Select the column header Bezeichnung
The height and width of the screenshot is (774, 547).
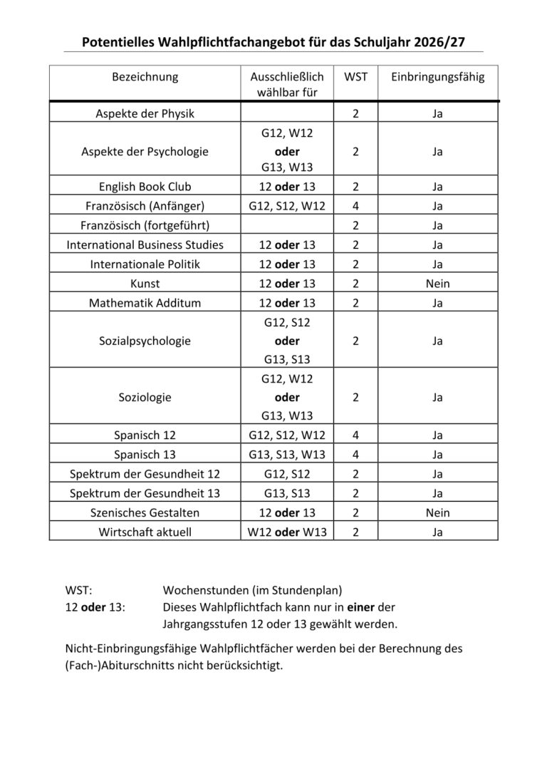(145, 76)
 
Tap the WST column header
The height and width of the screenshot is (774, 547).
(355, 76)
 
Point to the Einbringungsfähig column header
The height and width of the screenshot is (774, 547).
(437, 76)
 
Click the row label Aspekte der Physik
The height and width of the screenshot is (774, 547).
(145, 113)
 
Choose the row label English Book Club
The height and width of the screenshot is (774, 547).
(145, 187)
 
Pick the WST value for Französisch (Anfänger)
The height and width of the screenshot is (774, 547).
(355, 206)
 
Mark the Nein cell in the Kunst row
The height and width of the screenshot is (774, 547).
(437, 283)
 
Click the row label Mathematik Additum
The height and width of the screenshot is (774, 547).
(145, 302)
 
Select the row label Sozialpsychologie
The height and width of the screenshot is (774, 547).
(145, 341)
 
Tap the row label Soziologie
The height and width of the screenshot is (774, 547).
(145, 397)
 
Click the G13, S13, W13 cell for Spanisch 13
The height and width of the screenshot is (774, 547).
(287, 454)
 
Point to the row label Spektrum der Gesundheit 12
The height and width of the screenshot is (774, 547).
(145, 473)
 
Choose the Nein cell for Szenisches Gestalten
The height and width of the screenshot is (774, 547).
(437, 512)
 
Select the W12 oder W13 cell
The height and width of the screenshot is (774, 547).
(287, 532)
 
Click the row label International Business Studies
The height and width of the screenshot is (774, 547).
(145, 244)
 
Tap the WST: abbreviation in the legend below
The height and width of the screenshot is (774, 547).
(79, 590)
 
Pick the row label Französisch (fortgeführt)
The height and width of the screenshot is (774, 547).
(145, 225)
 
